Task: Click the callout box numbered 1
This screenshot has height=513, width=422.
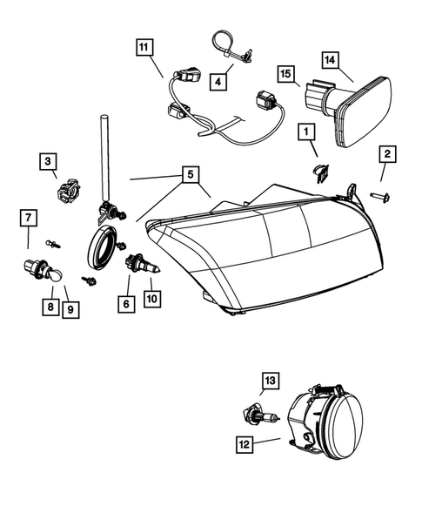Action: pyautogui.click(x=305, y=132)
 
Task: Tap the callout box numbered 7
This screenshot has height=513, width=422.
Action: pyautogui.click(x=28, y=216)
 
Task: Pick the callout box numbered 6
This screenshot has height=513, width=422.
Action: pyautogui.click(x=128, y=303)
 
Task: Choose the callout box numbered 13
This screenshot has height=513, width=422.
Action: pyautogui.click(x=271, y=379)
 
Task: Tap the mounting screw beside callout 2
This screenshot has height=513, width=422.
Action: pyautogui.click(x=380, y=196)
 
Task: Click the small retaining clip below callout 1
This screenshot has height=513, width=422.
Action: pyautogui.click(x=318, y=172)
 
